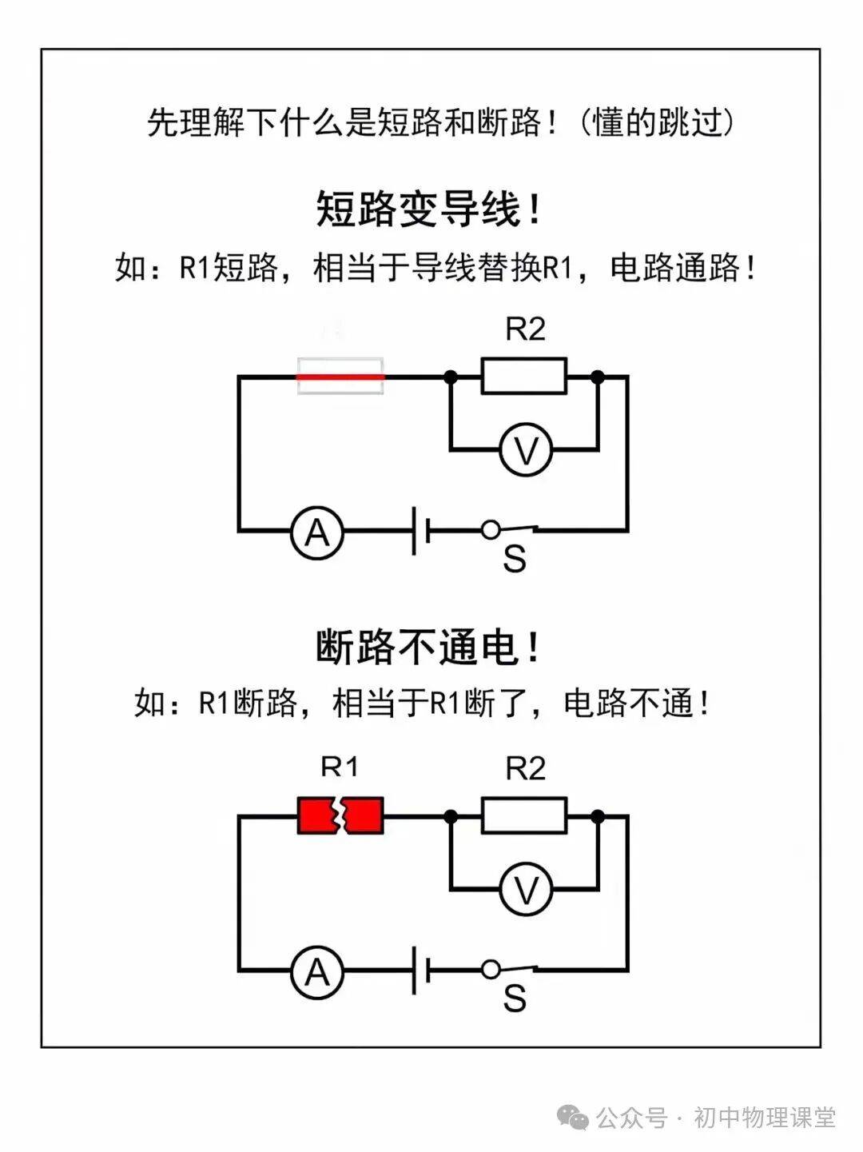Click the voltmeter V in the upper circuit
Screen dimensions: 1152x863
[x=526, y=451]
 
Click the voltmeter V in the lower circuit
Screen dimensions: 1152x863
[x=526, y=890]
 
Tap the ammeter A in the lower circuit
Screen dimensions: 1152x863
[x=317, y=971]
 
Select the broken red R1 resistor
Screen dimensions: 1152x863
[x=340, y=815]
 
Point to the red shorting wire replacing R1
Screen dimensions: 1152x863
[x=340, y=376]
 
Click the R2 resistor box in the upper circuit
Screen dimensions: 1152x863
[x=524, y=376]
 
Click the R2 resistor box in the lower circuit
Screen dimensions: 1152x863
[x=524, y=815]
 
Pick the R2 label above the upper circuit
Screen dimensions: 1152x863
[x=525, y=329]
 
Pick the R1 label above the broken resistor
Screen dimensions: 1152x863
[x=340, y=767]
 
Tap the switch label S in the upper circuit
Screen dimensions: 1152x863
[x=515, y=560]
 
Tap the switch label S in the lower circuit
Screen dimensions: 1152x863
[x=515, y=998]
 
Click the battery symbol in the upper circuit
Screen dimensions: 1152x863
[x=421, y=530]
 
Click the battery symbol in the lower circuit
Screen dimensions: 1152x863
[x=421, y=970]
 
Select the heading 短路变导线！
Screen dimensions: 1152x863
[x=430, y=209]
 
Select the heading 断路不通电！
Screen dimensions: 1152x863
[x=430, y=647]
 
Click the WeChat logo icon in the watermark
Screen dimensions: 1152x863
[x=575, y=1116]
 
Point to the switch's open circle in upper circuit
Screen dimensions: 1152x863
[x=491, y=529]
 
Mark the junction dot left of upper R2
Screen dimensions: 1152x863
[x=451, y=376]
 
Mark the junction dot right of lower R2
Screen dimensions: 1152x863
[x=597, y=815]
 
